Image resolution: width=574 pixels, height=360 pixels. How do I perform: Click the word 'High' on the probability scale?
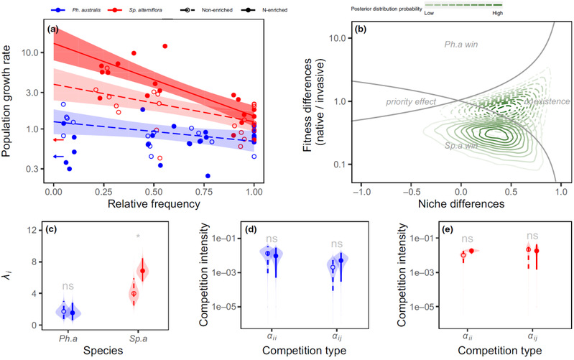(497, 13)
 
